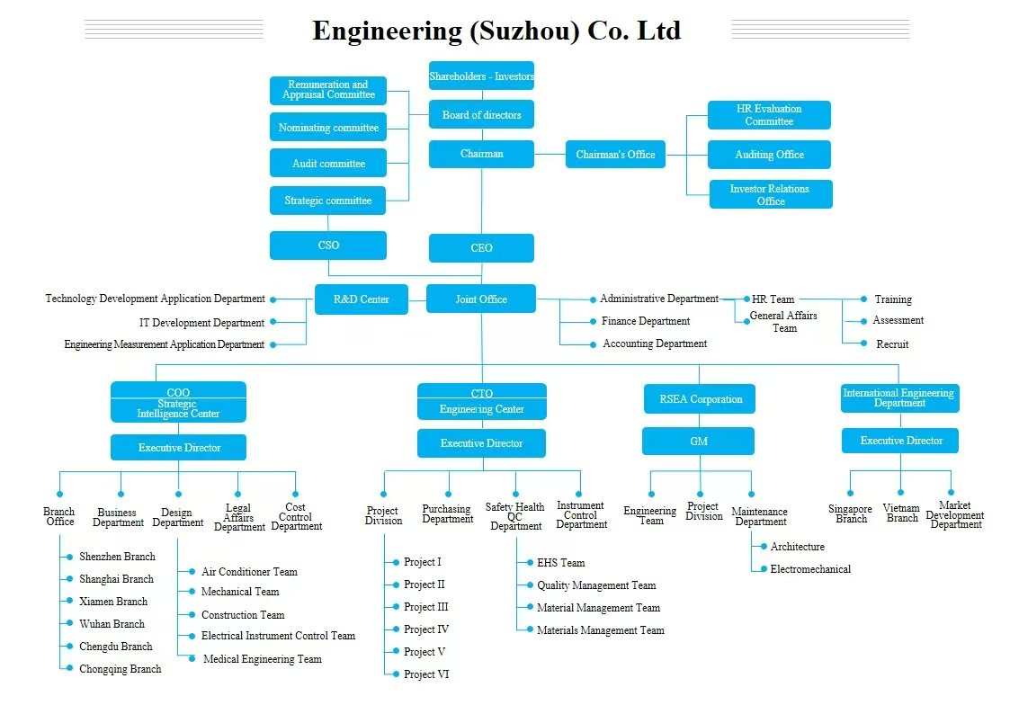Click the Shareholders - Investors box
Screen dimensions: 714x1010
[481, 76]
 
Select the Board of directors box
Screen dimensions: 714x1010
[481, 115]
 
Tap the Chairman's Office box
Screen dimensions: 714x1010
[615, 155]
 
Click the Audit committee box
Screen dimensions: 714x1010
[328, 164]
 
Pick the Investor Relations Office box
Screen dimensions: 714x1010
[770, 195]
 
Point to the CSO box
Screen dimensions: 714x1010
[328, 245]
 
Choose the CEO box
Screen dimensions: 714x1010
[481, 248]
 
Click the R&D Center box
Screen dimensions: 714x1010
[361, 299]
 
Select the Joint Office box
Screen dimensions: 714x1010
[481, 299]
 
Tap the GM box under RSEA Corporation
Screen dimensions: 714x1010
[698, 442]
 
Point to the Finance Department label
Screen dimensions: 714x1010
[645, 321]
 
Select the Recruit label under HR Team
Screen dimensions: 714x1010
[892, 344]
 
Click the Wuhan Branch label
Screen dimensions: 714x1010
[112, 624]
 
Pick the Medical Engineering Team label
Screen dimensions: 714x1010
[262, 659]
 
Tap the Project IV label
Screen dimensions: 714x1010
[425, 629]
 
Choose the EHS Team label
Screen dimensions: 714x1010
[560, 563]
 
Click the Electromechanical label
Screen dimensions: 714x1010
[810, 569]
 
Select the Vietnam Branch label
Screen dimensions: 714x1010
[902, 513]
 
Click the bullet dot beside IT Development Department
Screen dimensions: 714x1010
[273, 322]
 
